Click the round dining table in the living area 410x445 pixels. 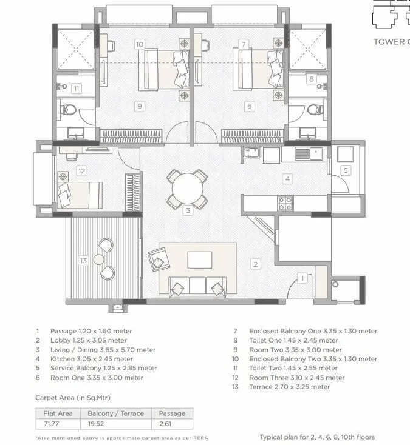click(x=187, y=189)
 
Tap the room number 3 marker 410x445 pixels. click(x=188, y=211)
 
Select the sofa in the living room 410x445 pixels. click(x=197, y=286)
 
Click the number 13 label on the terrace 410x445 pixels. click(x=83, y=260)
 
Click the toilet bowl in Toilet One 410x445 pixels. click(x=314, y=110)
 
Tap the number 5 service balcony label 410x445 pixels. click(x=346, y=170)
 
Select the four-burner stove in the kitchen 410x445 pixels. click(x=284, y=204)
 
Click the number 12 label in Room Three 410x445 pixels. click(x=81, y=171)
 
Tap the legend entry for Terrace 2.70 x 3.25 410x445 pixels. click(x=289, y=387)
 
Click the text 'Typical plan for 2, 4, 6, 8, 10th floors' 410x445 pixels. click(x=317, y=437)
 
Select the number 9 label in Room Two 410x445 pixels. click(x=140, y=106)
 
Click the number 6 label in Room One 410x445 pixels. click(x=249, y=106)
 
